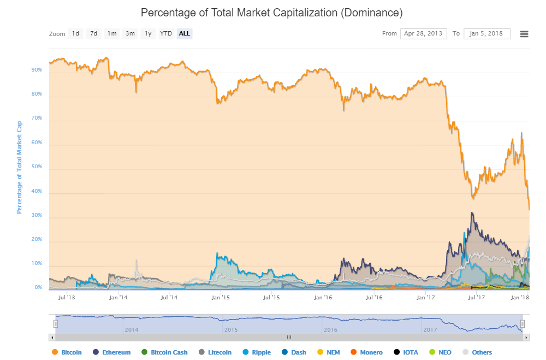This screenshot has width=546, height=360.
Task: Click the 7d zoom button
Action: (94, 34)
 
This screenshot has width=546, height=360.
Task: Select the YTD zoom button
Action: (166, 34)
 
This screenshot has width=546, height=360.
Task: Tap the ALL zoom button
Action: (185, 34)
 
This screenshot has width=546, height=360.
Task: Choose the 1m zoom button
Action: (112, 34)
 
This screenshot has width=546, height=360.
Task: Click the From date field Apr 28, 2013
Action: (423, 34)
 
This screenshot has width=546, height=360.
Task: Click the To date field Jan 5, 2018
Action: (486, 34)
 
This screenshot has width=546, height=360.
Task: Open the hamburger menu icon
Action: (524, 34)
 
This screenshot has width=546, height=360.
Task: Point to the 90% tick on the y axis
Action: (37, 70)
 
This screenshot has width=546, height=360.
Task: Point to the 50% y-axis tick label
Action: (37, 167)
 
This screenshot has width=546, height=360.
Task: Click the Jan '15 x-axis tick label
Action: (220, 298)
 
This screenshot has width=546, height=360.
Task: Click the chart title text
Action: (272, 12)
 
